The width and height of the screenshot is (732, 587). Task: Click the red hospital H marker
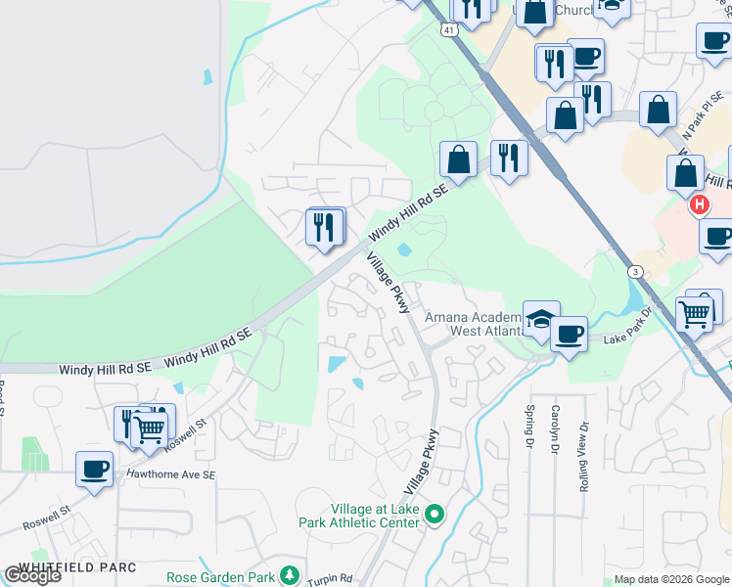click(x=700, y=204)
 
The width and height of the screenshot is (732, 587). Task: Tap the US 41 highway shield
click(x=448, y=30)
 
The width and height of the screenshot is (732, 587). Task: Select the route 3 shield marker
click(x=636, y=271)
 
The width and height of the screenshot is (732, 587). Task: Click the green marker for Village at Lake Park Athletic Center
click(x=437, y=513)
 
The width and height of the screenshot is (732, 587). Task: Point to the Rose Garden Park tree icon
click(x=289, y=574)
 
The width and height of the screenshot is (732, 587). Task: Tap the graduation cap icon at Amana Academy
click(x=540, y=318)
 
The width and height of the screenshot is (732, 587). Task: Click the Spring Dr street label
click(x=529, y=425)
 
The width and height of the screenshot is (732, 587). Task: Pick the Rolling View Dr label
click(x=583, y=458)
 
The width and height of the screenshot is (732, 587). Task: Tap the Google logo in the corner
click(x=32, y=575)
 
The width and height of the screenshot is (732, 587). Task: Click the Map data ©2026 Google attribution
click(x=670, y=579)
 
